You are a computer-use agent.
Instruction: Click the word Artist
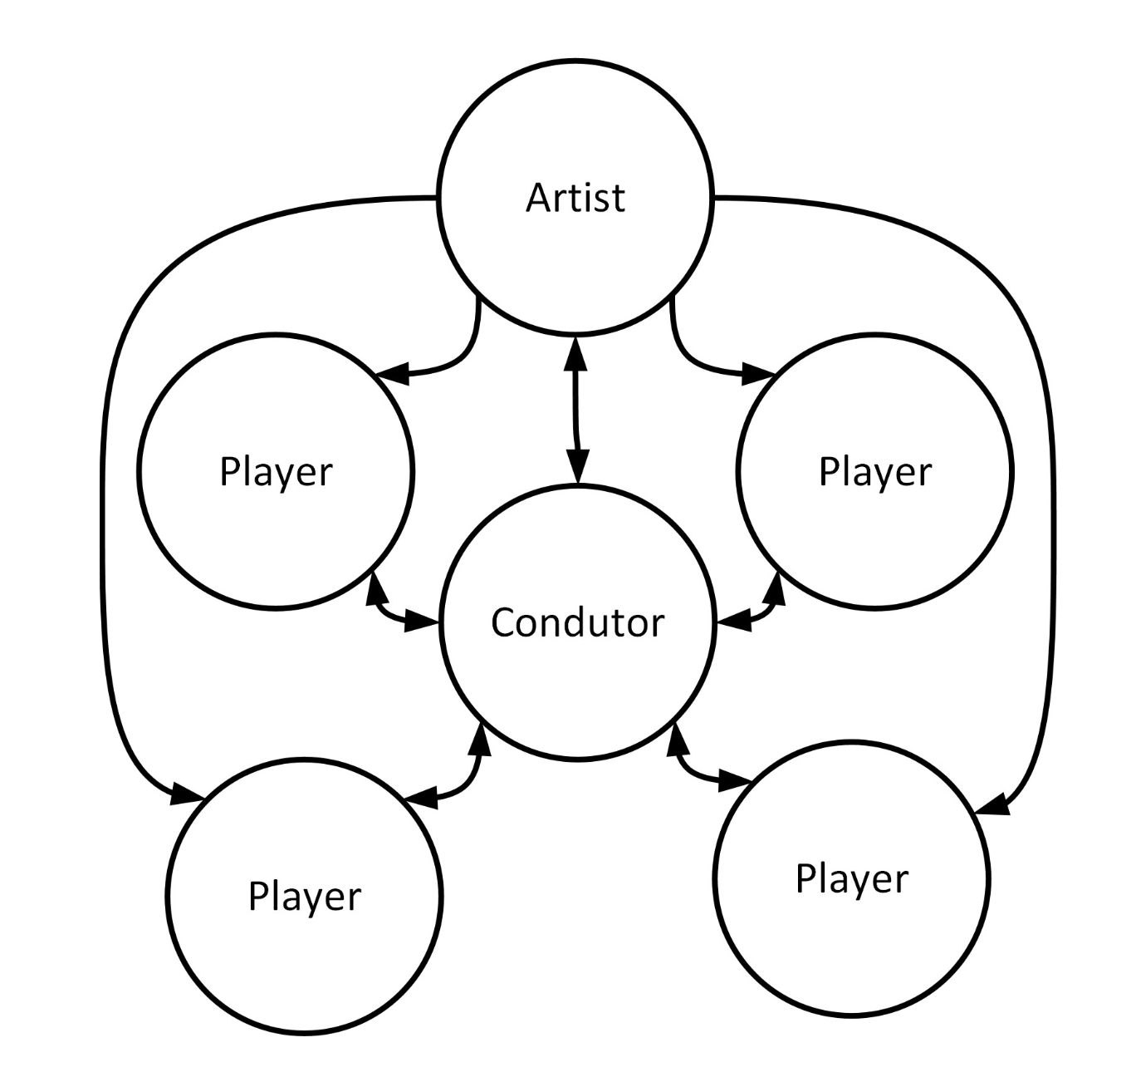(x=575, y=198)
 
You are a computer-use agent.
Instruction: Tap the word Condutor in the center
(x=578, y=622)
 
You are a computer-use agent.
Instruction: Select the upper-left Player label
(x=276, y=471)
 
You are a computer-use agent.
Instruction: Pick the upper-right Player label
(x=875, y=471)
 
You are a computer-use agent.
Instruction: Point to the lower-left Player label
(x=305, y=896)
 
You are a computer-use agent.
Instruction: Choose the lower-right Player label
(x=852, y=878)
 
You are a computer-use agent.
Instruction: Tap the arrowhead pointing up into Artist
(x=576, y=353)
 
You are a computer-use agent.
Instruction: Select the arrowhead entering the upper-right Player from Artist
(x=757, y=373)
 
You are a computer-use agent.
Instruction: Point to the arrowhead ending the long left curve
(x=186, y=793)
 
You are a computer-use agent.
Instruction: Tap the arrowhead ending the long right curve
(x=994, y=804)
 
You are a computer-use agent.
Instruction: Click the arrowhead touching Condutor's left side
(x=420, y=620)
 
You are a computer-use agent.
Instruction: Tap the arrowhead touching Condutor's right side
(x=734, y=620)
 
